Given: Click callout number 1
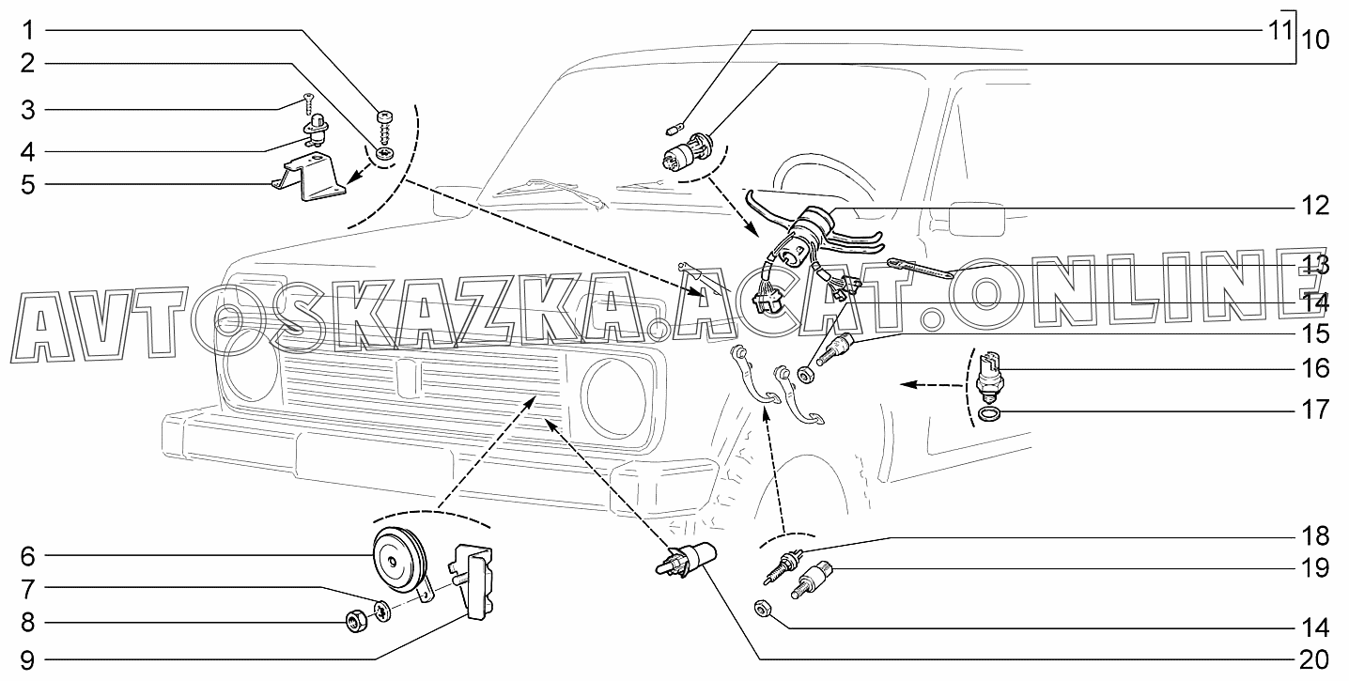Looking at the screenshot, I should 28,31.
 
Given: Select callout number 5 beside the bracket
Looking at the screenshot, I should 28,184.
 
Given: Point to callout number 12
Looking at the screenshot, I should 1316,206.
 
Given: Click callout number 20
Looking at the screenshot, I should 1316,657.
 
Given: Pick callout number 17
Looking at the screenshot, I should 1316,410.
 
